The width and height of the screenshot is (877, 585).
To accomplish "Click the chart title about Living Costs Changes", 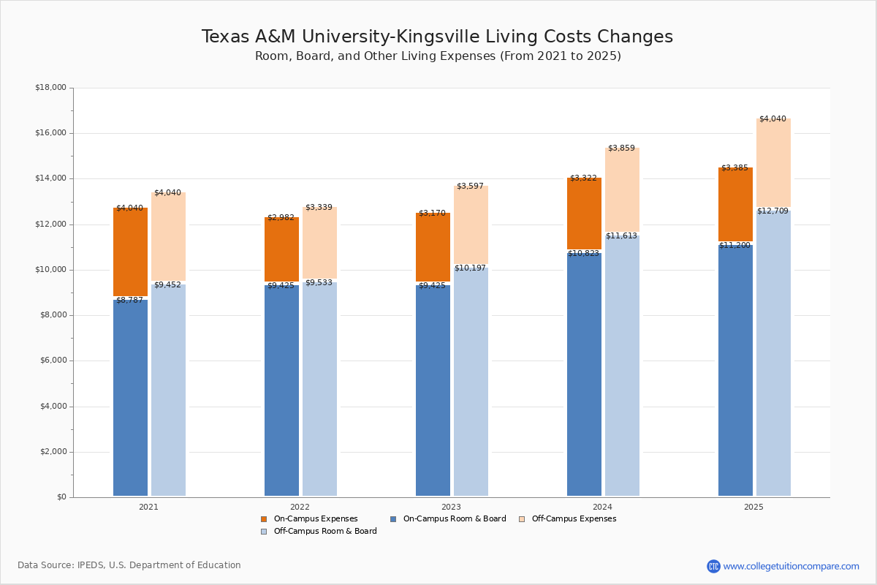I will pos(437,37).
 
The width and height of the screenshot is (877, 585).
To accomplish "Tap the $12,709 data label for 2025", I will pos(772,211).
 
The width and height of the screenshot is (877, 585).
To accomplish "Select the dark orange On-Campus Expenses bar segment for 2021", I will pos(130,252).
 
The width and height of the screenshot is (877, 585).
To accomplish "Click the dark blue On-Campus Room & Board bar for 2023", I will pos(433,391).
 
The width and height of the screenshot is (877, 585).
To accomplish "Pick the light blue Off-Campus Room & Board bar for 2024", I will pos(622,366).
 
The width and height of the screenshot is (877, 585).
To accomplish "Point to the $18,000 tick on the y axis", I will pos(50,88).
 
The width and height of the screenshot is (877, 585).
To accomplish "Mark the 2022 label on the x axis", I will pos(300,507).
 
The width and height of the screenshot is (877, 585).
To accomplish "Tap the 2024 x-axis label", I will pos(602,507).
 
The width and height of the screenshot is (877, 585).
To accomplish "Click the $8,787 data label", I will pos(129,301).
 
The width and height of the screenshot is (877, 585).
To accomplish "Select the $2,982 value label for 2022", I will pos(281,218).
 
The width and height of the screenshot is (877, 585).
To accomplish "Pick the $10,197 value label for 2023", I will pos(470,268).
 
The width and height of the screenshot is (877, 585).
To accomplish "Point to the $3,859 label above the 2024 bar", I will pos(621,148).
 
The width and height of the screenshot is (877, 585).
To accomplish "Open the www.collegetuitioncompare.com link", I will pos(791,566).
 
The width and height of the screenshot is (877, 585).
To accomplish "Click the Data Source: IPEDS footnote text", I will pos(129,565).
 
